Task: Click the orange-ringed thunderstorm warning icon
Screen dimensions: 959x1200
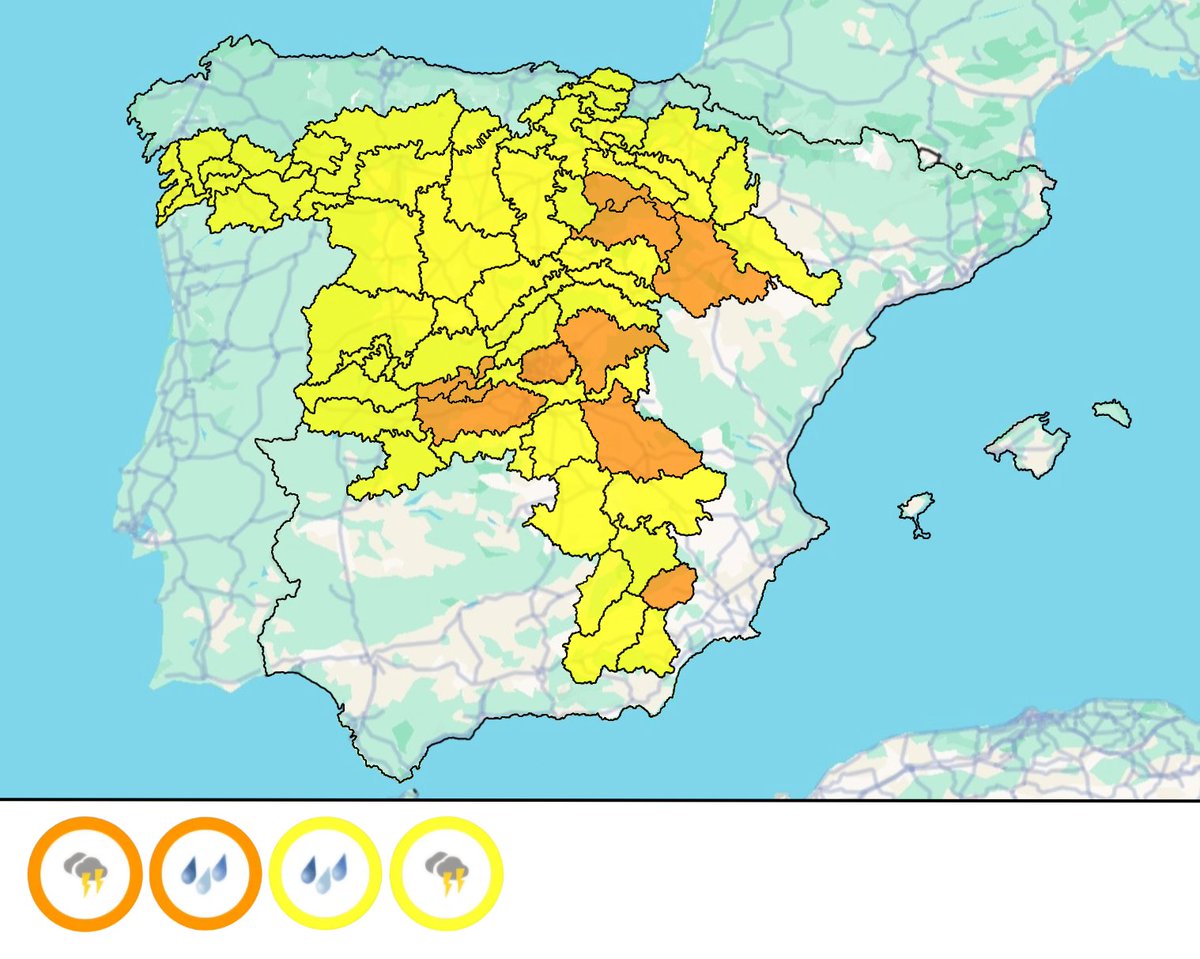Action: (83, 873)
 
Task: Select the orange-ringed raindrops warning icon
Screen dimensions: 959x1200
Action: (205, 873)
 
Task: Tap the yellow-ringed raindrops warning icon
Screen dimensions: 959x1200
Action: (325, 873)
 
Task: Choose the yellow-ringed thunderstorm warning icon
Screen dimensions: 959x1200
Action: (446, 873)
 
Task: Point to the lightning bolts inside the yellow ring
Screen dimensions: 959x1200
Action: (453, 882)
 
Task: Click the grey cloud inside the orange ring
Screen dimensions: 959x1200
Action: (77, 864)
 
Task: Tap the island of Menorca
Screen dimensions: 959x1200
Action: (1112, 411)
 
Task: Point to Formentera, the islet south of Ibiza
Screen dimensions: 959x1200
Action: (920, 532)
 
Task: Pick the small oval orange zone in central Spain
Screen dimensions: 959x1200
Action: (545, 365)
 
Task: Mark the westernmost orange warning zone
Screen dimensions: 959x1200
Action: (470, 408)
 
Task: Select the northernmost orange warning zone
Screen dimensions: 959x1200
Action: (612, 192)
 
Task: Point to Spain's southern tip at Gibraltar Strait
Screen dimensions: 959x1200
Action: (400, 777)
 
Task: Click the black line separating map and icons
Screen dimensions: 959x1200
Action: (600, 799)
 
